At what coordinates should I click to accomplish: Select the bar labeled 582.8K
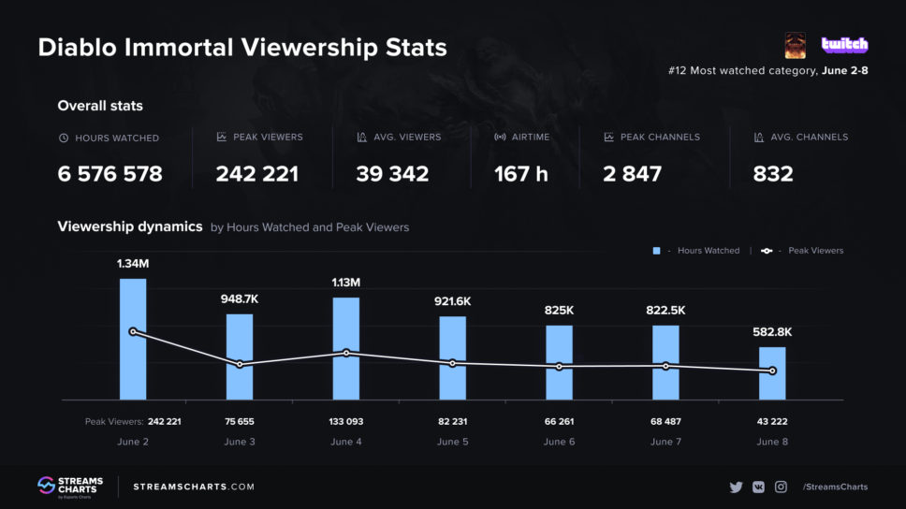pyautogui.click(x=772, y=373)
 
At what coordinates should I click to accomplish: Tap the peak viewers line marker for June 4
pyautogui.click(x=346, y=353)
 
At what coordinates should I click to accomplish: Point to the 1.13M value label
pyautogui.click(x=346, y=283)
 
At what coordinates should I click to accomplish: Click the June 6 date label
pyautogui.click(x=560, y=442)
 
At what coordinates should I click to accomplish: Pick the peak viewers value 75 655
pyautogui.click(x=240, y=422)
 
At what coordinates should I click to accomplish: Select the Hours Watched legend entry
pyautogui.click(x=696, y=251)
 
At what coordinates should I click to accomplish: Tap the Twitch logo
pyautogui.click(x=844, y=45)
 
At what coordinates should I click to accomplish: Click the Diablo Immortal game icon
pyautogui.click(x=796, y=45)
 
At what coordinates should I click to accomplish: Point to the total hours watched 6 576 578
pyautogui.click(x=110, y=174)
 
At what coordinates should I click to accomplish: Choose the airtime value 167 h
pyautogui.click(x=520, y=174)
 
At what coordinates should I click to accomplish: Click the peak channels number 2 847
pyautogui.click(x=633, y=174)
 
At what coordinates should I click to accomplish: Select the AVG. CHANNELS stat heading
pyautogui.click(x=801, y=137)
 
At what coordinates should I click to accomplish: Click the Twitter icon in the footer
pyautogui.click(x=736, y=487)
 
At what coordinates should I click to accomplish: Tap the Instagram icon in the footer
pyautogui.click(x=781, y=487)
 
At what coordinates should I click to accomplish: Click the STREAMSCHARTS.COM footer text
pyautogui.click(x=194, y=487)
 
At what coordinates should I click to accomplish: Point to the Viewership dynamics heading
pyautogui.click(x=129, y=226)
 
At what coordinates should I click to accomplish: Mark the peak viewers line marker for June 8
pyautogui.click(x=772, y=371)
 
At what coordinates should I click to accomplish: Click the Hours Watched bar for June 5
pyautogui.click(x=453, y=358)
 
